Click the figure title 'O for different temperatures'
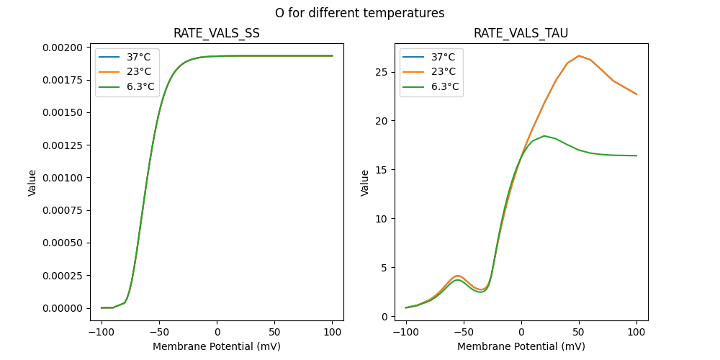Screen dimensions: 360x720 point(359,13)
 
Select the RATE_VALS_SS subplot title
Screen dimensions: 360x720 point(217,33)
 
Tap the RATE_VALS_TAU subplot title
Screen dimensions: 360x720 point(521,33)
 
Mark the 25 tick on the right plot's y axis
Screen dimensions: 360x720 point(388,72)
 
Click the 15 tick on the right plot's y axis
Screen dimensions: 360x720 point(388,170)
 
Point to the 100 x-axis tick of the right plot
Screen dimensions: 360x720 point(636,332)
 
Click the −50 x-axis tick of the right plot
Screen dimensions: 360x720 point(464,332)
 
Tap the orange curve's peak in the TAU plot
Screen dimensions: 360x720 point(579,55)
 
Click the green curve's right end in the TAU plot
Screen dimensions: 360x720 point(636,156)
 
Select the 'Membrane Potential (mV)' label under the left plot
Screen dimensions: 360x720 point(217,346)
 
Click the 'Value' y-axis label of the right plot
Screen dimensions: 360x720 point(365,182)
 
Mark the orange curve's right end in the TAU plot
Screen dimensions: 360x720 point(636,94)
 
